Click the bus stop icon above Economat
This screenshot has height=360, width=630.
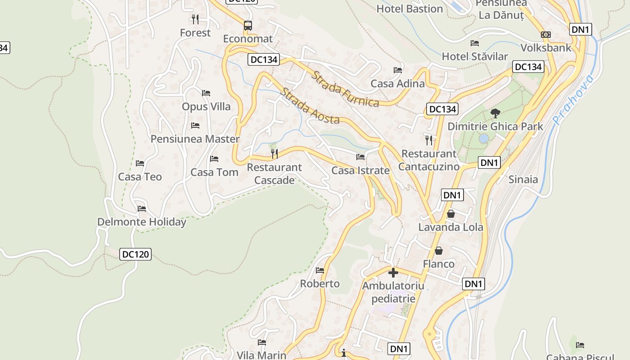tap(248, 25)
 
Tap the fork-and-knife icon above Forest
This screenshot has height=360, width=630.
tap(195, 19)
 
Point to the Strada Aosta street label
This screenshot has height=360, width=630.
tap(310, 107)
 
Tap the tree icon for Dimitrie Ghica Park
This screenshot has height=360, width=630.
tap(495, 113)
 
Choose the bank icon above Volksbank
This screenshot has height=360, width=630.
tap(546, 35)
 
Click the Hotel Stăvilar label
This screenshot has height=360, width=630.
tap(475, 56)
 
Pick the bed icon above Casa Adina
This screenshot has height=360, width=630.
tap(398, 70)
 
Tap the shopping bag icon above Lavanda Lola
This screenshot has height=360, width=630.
tap(451, 214)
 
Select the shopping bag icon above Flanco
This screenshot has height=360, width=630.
tap(439, 250)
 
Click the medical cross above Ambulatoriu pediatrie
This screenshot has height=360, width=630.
tap(393, 272)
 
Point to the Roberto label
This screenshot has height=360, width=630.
tap(320, 284)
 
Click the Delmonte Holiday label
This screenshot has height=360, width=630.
tap(142, 222)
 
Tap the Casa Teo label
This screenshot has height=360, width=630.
tap(140, 177)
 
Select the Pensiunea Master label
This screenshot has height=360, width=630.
tap(195, 139)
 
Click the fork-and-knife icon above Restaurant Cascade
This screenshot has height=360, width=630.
tap(274, 154)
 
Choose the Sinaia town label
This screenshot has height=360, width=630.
tap(523, 180)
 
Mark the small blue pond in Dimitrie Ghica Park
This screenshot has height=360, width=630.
tap(484, 139)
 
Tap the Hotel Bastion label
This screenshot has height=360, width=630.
tap(409, 9)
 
